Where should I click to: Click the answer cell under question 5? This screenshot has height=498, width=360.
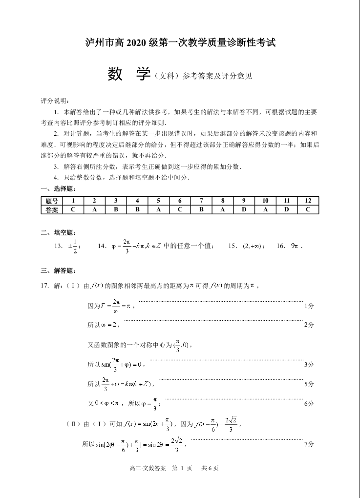tap(158, 209)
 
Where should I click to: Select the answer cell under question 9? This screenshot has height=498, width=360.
tap(243, 209)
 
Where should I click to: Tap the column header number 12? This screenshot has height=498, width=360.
tap(308, 201)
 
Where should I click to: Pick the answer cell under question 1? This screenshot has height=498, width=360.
tap(73, 209)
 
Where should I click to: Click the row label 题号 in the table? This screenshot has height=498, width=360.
tap(51, 201)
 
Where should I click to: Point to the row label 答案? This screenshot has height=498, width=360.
tap(51, 209)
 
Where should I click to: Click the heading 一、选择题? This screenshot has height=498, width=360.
tap(58, 188)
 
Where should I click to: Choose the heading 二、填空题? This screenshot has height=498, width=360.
tap(58, 232)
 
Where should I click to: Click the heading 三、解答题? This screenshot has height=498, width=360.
tap(58, 270)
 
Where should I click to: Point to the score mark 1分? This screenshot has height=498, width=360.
tap(309, 306)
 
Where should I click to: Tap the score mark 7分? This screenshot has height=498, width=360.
tap(309, 444)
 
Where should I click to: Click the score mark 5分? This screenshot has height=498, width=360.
tap(309, 384)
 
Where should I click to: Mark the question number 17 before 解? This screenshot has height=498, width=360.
tap(44, 285)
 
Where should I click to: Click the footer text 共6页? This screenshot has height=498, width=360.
tap(210, 468)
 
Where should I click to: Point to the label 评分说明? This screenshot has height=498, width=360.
tap(55, 101)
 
